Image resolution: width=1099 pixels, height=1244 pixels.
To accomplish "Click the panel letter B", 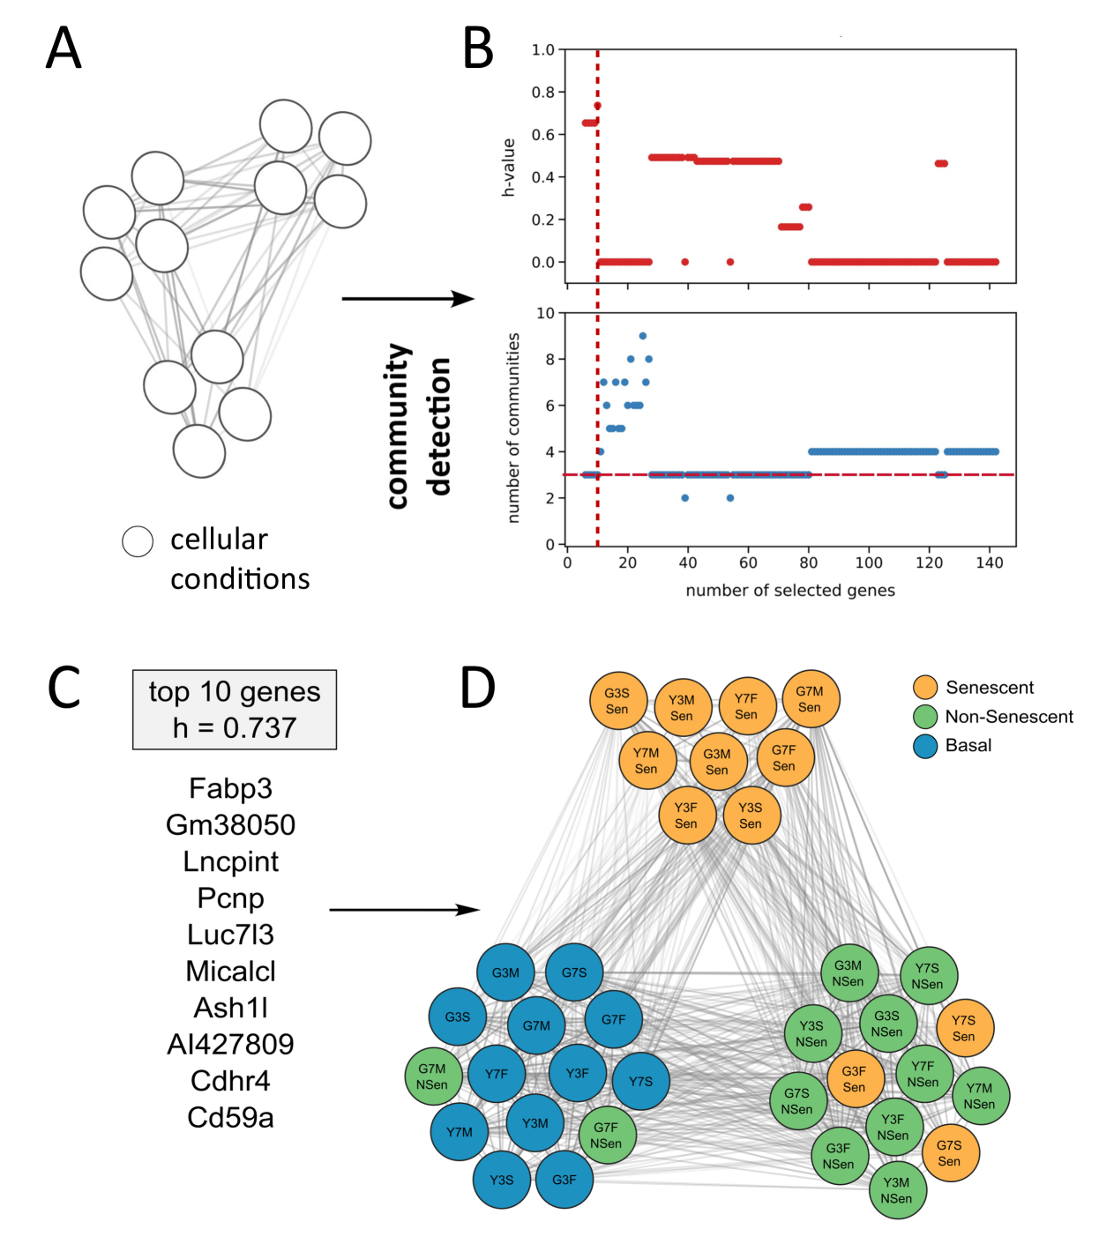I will pyautogui.click(x=478, y=48).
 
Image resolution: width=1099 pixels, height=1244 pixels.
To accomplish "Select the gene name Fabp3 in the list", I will pyautogui.click(x=230, y=788).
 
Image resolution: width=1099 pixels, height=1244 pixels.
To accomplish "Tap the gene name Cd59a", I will pyautogui.click(x=230, y=1117).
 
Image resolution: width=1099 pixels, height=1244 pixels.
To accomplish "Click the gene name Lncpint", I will pyautogui.click(x=230, y=861).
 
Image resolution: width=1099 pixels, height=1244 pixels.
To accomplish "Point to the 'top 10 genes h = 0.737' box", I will pyautogui.click(x=234, y=710).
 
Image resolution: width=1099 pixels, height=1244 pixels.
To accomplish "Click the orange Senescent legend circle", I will pyautogui.click(x=925, y=688).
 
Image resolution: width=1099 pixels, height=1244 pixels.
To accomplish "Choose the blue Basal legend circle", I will pyautogui.click(x=925, y=746).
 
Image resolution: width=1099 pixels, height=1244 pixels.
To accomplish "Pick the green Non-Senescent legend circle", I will pyautogui.click(x=925, y=717).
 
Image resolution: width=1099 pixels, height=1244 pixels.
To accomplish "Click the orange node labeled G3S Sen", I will pyautogui.click(x=617, y=701).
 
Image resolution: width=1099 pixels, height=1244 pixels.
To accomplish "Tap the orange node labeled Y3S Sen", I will pyautogui.click(x=751, y=816).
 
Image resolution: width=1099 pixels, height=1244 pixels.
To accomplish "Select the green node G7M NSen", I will pyautogui.click(x=432, y=1076).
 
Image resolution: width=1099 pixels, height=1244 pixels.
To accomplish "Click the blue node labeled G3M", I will pyautogui.click(x=505, y=972).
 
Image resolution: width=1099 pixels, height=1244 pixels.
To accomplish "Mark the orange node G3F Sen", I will pyautogui.click(x=854, y=1079).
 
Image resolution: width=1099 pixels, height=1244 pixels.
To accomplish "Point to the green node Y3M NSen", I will pyautogui.click(x=896, y=1190).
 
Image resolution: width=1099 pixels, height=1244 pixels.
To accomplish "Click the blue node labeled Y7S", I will pyautogui.click(x=641, y=1081).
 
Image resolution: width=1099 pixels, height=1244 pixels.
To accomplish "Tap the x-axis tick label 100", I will pyautogui.click(x=869, y=563).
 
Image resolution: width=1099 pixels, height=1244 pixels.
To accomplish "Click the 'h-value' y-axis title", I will pyautogui.click(x=508, y=167).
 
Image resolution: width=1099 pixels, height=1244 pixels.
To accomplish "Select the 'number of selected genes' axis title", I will pyautogui.click(x=790, y=591).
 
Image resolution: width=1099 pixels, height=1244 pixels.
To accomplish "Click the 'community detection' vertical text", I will pyautogui.click(x=419, y=426).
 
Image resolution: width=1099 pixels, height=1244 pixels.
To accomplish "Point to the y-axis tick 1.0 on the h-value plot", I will pyautogui.click(x=542, y=50).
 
